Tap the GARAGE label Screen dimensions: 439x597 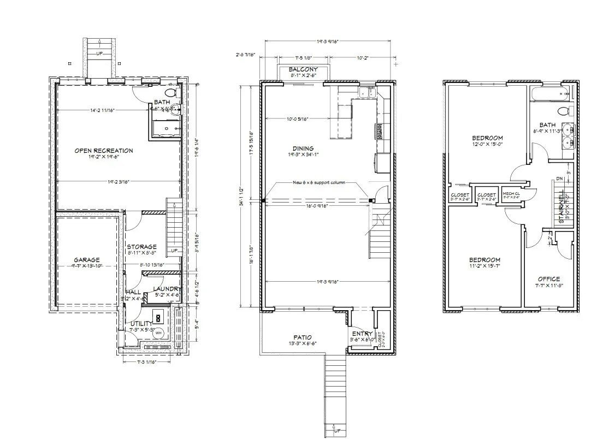[87, 260]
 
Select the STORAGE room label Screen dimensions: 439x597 [141, 247]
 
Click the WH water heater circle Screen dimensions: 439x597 [158, 333]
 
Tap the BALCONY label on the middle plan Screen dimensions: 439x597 [303, 70]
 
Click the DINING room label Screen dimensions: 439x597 [303, 149]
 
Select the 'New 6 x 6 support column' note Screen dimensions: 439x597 [319, 182]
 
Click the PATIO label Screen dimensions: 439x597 [302, 337]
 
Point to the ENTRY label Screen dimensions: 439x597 [362, 334]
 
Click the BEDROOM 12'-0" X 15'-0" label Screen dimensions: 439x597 [487, 138]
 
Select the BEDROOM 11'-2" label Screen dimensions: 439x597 [484, 260]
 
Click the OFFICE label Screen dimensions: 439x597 [548, 279]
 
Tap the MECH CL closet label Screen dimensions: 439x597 [511, 194]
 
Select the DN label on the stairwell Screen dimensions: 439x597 [558, 178]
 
